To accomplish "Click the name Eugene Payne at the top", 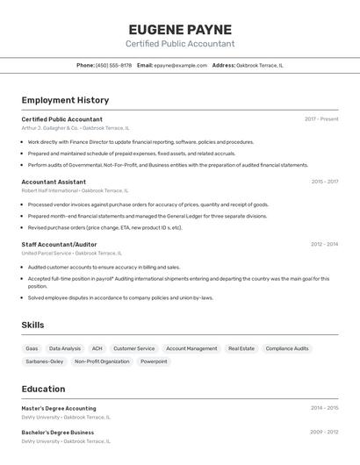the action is [x=180, y=29].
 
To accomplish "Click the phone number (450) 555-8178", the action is [x=113, y=65].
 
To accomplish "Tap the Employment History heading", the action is [x=65, y=100].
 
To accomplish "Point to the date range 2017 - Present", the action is [x=321, y=118].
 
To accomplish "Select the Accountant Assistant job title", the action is [x=54, y=182].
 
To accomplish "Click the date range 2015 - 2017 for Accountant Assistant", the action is [x=324, y=182].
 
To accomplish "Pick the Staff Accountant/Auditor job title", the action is [x=59, y=245].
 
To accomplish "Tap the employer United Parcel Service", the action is [x=47, y=254].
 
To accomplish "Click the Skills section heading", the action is [x=32, y=325].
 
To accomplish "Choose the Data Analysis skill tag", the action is [x=65, y=348].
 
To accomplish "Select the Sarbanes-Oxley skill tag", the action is [x=44, y=361].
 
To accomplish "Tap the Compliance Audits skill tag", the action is [x=287, y=348].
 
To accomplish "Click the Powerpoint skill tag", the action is [x=154, y=361].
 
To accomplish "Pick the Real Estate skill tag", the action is [x=241, y=348].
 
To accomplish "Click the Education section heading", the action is [x=43, y=389].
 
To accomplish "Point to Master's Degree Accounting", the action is [x=59, y=408].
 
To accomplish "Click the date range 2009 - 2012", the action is [x=324, y=432].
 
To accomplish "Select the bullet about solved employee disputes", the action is [x=120, y=297].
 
